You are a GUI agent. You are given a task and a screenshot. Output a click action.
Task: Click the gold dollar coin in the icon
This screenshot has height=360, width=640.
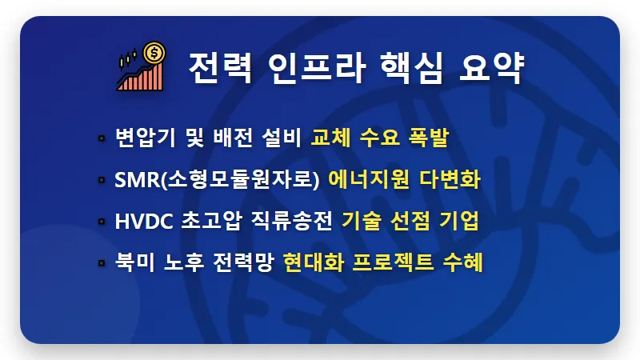pos(155,54)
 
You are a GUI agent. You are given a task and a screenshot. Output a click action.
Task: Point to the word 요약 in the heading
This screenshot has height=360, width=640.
pos(492,68)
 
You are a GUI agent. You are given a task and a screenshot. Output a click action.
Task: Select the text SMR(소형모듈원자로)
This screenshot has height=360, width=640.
pos(217,180)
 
